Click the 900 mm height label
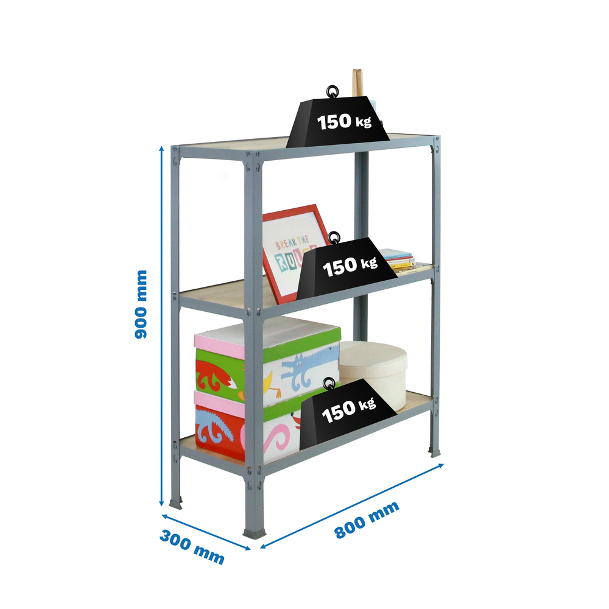[x=141, y=304]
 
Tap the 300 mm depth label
[x=192, y=546]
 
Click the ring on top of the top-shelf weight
[x=333, y=92]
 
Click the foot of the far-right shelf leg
[x=435, y=452]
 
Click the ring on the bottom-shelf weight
[x=330, y=384]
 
